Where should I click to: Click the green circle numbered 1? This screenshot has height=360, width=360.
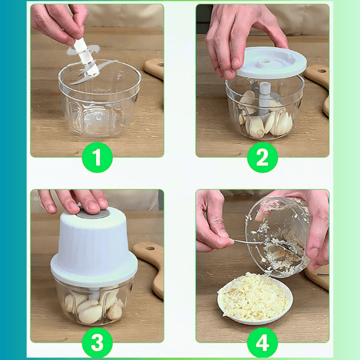(97, 157)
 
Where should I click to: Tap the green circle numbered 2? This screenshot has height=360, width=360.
(262, 157)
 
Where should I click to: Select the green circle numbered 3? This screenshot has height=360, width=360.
(97, 343)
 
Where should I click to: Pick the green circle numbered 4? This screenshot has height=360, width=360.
(262, 343)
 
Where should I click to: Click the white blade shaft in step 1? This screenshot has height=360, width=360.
(86, 58)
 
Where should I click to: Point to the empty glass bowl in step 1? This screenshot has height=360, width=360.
(100, 99)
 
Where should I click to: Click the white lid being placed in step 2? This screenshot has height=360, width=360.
(271, 62)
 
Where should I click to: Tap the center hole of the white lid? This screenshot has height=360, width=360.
(266, 62)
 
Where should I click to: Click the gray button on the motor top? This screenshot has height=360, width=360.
(93, 214)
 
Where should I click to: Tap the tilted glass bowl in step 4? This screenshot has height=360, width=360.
(278, 236)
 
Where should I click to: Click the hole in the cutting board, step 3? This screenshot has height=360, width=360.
(150, 248)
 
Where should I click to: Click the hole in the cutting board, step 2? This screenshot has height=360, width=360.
(322, 71)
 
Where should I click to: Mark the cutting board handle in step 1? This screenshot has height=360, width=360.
(154, 68)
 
